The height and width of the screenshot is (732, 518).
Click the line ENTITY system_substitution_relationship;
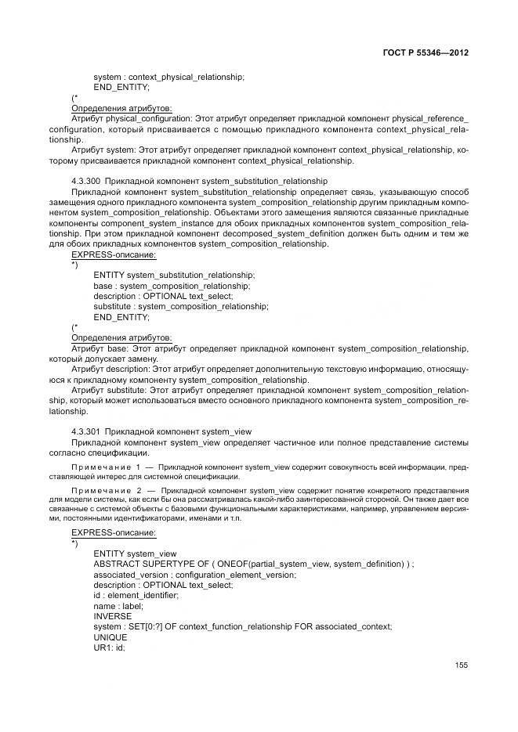(173, 276)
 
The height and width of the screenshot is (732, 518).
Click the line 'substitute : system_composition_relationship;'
(180, 307)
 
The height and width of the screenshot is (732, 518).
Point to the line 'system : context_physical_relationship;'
(168, 77)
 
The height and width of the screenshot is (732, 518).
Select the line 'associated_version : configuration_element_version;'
(194, 575)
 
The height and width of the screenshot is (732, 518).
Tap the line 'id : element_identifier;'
(136, 595)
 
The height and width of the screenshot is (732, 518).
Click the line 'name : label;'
(117, 605)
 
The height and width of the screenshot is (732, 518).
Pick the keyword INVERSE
(113, 616)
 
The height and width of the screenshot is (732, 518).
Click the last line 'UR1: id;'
(110, 647)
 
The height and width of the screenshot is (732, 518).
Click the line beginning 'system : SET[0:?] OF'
(242, 626)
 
